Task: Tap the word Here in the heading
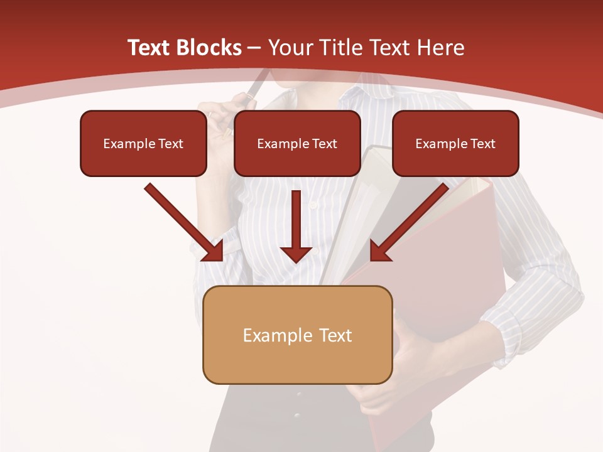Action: tap(442, 48)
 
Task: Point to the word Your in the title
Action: tap(290, 48)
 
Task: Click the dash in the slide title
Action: tap(254, 48)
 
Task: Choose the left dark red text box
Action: tap(143, 144)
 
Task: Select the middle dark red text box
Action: tap(297, 144)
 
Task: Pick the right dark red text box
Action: tap(455, 144)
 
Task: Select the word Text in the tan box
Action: tap(335, 335)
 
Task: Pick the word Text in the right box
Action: tap(482, 144)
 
